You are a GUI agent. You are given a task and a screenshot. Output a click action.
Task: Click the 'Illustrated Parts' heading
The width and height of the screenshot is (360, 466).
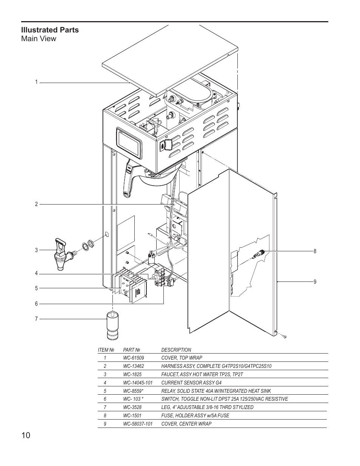50,30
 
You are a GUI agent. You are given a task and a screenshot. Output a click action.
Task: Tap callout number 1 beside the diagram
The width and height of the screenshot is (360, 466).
37,82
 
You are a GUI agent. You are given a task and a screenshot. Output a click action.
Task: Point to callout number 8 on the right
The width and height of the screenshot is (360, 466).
315,251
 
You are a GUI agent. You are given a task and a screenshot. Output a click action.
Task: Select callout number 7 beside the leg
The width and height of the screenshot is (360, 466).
37,319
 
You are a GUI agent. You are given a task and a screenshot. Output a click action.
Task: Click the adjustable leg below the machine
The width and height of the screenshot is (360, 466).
113,324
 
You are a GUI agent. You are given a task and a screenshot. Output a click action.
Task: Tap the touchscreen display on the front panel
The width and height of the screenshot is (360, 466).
129,143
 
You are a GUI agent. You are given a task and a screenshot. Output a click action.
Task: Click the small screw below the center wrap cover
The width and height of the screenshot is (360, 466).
285,336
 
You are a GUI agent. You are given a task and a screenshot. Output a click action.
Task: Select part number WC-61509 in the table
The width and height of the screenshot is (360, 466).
133,358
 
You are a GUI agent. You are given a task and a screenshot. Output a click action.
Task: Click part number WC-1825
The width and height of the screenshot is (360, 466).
132,374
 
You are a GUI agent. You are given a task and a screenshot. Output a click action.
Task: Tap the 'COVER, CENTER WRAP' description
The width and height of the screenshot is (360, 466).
186,424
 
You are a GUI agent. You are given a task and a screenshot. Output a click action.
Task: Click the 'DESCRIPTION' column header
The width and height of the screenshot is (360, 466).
176,350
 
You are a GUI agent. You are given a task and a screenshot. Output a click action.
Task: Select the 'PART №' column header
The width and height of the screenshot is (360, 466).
132,350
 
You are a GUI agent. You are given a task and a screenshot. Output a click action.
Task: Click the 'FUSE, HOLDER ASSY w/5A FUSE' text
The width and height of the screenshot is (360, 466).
195,415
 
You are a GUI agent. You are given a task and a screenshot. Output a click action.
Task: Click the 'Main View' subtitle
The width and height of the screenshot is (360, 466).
38,38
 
